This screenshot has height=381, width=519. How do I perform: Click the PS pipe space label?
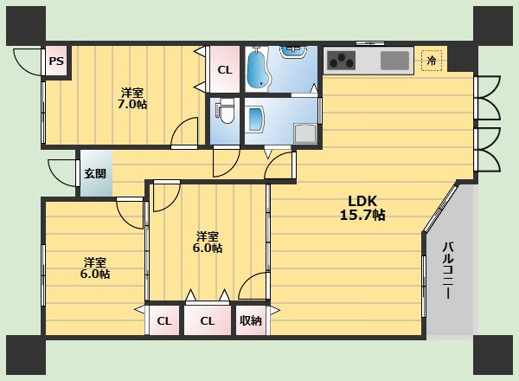[x=56, y=61]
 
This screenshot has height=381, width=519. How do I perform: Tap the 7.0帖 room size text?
[x=132, y=105]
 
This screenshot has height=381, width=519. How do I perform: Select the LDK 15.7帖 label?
[x=362, y=208]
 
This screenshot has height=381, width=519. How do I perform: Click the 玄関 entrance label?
[x=95, y=173]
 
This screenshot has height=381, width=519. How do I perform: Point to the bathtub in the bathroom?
[x=258, y=70]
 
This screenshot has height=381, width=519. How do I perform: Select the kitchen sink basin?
[x=394, y=61]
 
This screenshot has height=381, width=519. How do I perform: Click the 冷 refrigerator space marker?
[x=432, y=61]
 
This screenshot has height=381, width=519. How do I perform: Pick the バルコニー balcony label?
[x=448, y=271]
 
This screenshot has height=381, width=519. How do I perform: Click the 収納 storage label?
[x=251, y=320]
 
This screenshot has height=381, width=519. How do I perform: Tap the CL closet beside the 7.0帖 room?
[x=225, y=70]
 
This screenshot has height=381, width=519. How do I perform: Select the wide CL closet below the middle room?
[x=208, y=320]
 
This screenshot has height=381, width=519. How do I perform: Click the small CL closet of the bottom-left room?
[x=164, y=320]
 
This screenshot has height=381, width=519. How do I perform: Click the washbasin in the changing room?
[x=256, y=119]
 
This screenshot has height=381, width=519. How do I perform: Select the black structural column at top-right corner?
[x=493, y=26]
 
